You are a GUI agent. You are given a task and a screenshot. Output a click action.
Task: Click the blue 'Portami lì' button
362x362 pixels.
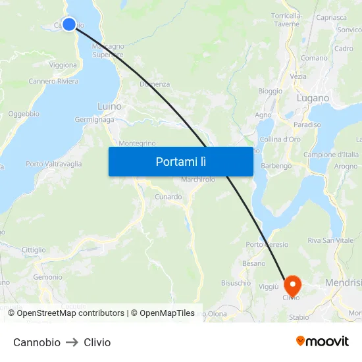click(x=180, y=161)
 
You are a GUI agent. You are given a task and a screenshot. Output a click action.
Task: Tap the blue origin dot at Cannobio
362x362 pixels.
click(x=68, y=24)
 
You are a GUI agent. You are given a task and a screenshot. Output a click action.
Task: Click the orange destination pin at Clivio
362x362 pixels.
click(x=292, y=285)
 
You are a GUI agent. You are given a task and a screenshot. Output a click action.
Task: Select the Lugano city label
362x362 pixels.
click(x=313, y=98)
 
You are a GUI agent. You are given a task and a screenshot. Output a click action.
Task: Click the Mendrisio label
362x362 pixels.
click(x=344, y=283)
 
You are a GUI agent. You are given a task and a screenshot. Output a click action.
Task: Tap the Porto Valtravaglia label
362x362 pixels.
click(x=54, y=164)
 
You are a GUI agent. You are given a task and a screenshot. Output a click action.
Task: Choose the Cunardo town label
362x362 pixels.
click(x=168, y=197)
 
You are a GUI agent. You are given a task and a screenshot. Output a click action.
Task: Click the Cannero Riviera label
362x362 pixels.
click(x=53, y=82)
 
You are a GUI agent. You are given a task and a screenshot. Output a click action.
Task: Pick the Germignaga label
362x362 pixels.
click(x=94, y=120)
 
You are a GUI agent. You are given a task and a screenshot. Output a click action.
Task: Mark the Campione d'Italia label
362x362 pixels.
click(x=331, y=155)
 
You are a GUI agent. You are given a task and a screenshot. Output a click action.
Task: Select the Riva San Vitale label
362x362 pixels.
click(x=331, y=241)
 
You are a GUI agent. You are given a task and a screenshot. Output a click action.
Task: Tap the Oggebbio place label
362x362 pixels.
click(x=24, y=114)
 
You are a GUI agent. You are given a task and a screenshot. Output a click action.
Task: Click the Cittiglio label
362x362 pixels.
click(x=34, y=250)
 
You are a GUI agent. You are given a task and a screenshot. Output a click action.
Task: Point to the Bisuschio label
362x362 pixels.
click(x=236, y=283)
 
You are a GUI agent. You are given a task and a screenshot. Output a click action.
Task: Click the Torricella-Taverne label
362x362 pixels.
click(x=286, y=19)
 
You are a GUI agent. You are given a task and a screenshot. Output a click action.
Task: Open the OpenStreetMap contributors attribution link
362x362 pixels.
click(x=70, y=313)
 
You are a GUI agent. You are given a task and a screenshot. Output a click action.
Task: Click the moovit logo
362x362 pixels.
click(x=322, y=342)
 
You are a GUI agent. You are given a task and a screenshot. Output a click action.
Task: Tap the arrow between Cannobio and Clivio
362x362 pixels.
click(x=72, y=342)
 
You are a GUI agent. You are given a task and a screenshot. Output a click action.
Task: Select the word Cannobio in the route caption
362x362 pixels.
click(x=37, y=342)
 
